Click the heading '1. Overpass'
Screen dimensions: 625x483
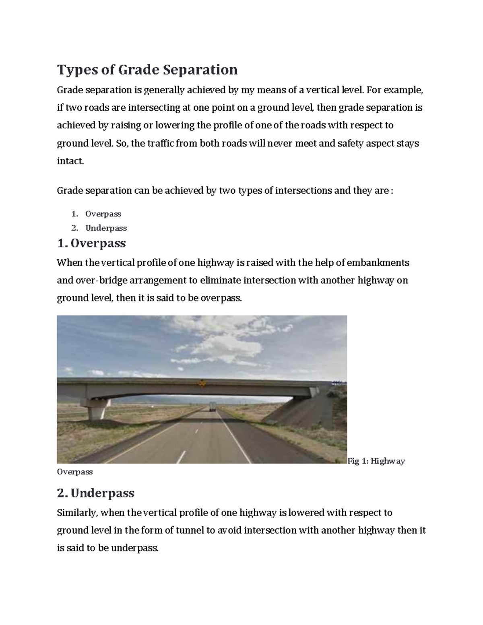91,243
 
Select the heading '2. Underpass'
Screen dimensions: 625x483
96,493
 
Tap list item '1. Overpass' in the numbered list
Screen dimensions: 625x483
103,214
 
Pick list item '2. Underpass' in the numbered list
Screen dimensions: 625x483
106,228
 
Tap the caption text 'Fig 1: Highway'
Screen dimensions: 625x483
376,461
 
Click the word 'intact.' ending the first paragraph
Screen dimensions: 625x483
70,161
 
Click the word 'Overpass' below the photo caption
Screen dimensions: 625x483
75,472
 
